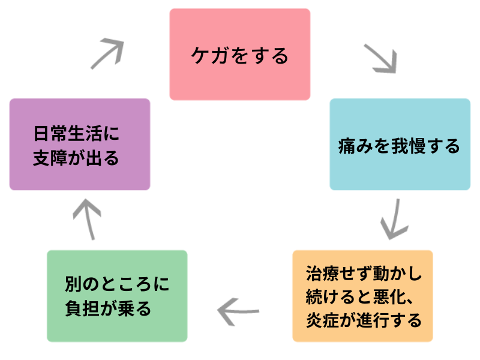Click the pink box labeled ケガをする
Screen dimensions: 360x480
pos(239,54)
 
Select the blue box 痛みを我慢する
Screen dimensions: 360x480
pos(400,145)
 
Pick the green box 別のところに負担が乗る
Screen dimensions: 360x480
pos(117,296)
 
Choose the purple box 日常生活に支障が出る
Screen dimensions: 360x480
pos(80,145)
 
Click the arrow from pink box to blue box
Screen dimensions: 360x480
pos(380,58)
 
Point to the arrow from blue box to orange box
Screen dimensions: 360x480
pos(394,218)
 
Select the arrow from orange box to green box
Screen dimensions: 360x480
pos(238,311)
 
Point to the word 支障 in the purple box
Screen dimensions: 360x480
pos(50,158)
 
